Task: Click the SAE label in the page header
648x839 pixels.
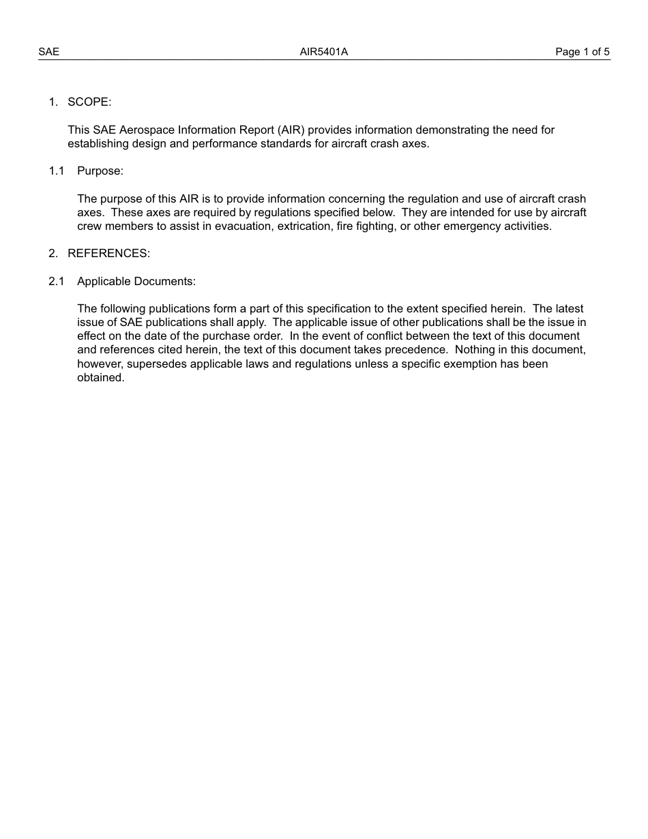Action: coord(48,52)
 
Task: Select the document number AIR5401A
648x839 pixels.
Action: coord(324,52)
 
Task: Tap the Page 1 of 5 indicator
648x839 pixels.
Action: coord(583,52)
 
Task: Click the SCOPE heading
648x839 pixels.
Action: coord(89,102)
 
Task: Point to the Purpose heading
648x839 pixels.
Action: coord(100,171)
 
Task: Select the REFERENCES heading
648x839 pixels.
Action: coord(108,254)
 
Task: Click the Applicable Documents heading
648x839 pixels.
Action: coord(136,282)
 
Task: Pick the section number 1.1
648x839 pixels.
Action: coord(56,171)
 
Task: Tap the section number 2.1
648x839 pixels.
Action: coord(56,282)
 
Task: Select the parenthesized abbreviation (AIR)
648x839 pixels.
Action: coord(291,130)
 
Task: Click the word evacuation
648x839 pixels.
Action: coord(244,226)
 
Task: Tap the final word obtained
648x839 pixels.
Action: coord(100,378)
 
